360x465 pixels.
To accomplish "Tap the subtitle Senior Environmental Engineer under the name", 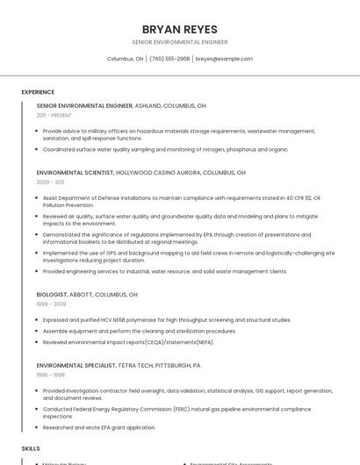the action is tap(179, 42).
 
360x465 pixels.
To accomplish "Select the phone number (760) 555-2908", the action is tap(169, 59).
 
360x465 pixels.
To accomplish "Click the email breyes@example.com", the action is tap(224, 59).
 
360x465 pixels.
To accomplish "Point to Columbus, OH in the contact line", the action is tap(125, 59).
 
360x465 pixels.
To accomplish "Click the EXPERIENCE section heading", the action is tap(38, 92).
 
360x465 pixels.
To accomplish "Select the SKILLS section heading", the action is tap(31, 448).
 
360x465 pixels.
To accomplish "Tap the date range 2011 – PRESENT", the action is tap(54, 115).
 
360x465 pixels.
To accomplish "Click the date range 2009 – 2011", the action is tap(50, 182).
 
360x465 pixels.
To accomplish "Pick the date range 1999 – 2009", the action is tap(50, 304).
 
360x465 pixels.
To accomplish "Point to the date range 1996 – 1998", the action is tap(50, 374).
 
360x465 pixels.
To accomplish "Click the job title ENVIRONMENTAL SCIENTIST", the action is tap(75, 173).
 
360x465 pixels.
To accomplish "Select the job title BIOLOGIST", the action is tap(51, 294).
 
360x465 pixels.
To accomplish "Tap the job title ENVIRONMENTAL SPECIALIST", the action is tap(76, 364).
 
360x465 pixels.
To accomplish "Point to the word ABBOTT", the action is tap(80, 294).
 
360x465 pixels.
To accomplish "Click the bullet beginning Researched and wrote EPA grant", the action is tap(99, 427).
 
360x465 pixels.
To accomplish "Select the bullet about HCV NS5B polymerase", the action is tap(167, 320).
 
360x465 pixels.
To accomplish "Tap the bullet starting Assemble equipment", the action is tap(140, 331).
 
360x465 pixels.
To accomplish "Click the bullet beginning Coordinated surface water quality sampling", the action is tap(165, 149).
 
